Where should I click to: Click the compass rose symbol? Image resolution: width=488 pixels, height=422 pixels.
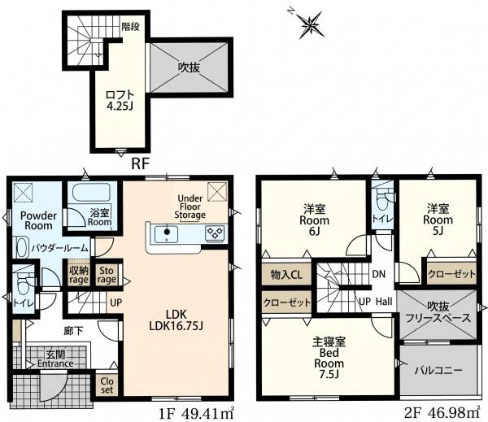pos(310,24)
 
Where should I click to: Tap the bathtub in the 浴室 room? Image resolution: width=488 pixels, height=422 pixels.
pos(91,192)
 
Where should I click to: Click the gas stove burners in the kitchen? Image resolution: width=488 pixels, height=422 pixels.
pos(215,233)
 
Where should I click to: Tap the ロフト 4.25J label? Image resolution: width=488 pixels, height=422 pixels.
pos(120,100)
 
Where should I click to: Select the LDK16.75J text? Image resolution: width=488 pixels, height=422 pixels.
pos(176,326)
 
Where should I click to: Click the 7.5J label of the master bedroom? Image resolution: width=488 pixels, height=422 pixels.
pos(329,374)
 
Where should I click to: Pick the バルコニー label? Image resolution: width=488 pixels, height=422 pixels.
pos(438,370)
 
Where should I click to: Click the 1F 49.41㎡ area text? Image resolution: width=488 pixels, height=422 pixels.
pos(197,413)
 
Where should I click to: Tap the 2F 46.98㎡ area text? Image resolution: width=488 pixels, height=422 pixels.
pos(442,413)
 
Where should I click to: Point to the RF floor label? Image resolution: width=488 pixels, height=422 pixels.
pos(141,163)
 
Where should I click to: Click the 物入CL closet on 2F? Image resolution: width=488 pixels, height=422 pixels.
pos(286,275)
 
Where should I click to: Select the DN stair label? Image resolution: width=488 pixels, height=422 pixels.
pos(379,274)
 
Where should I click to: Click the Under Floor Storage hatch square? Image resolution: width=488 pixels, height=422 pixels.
pos(217,190)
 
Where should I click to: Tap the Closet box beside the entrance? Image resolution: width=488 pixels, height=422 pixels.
pos(107,385)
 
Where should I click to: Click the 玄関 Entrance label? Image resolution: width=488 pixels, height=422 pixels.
pos(55,359)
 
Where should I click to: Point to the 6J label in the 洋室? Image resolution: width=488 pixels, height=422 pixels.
pos(314,232)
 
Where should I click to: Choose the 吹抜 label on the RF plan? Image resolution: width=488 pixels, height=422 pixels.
pos(189,67)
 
